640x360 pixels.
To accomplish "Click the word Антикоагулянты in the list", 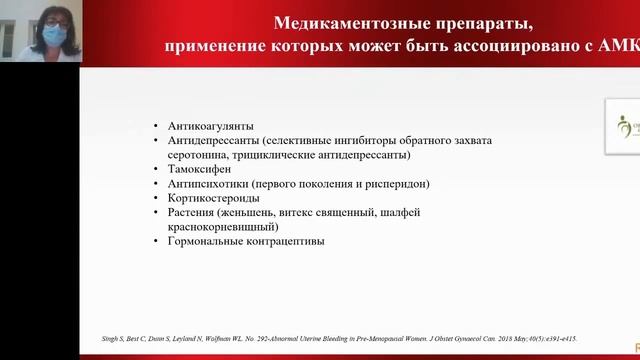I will tap(211, 127).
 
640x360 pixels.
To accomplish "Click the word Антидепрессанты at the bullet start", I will tap(215, 141).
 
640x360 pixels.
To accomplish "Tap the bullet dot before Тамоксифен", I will tap(156, 170).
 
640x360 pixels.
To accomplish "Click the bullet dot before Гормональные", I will tap(156, 242).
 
